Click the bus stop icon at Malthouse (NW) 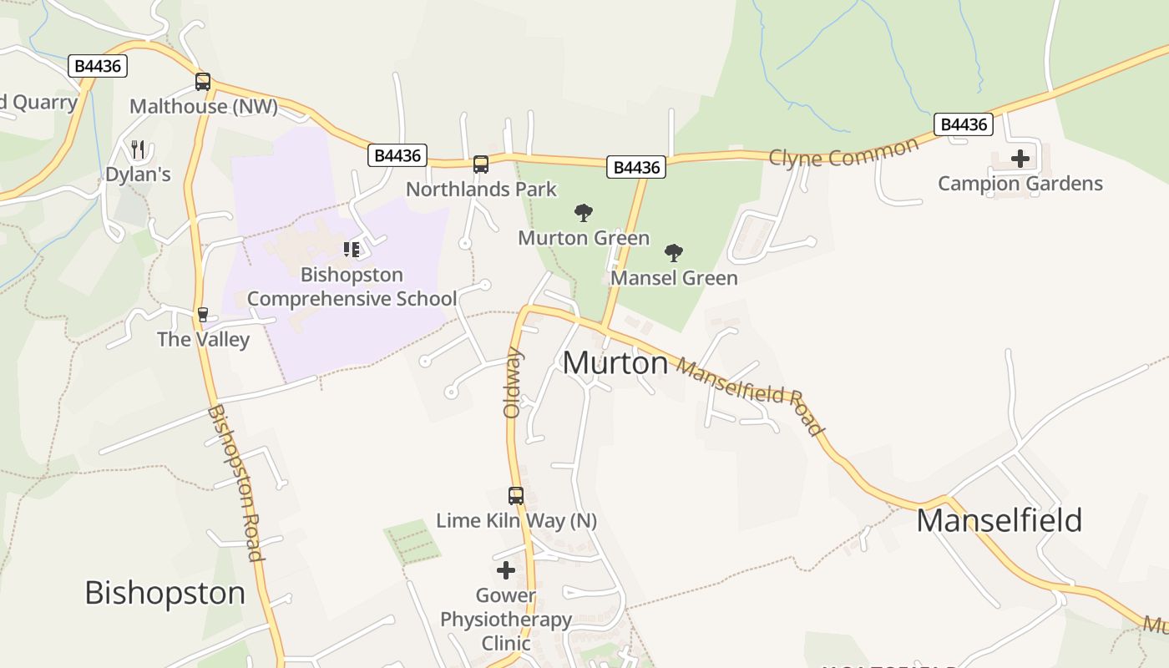click(203, 82)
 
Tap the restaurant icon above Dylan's click(138, 149)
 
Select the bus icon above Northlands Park click(481, 164)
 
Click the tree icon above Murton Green click(584, 213)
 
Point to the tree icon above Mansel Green click(674, 253)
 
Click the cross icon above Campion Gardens click(1020, 159)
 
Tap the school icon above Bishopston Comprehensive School click(352, 250)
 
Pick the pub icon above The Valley click(202, 315)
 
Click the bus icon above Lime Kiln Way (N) click(516, 496)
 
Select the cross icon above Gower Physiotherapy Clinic click(506, 571)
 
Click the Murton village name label click(615, 363)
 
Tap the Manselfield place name click(999, 520)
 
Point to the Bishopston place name click(165, 593)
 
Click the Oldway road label click(512, 383)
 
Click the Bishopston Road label click(235, 483)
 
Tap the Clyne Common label click(843, 153)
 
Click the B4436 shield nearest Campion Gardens click(964, 124)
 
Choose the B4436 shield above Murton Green click(636, 167)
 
